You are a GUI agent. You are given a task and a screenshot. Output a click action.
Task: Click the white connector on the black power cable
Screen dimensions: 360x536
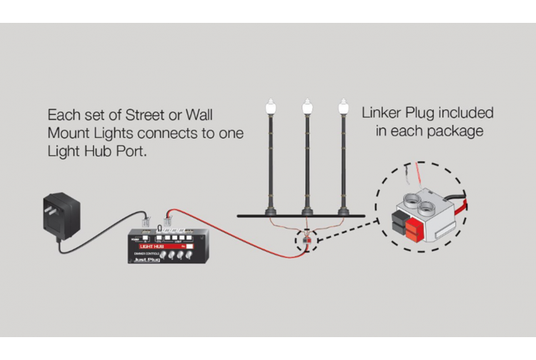click(x=144, y=222)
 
